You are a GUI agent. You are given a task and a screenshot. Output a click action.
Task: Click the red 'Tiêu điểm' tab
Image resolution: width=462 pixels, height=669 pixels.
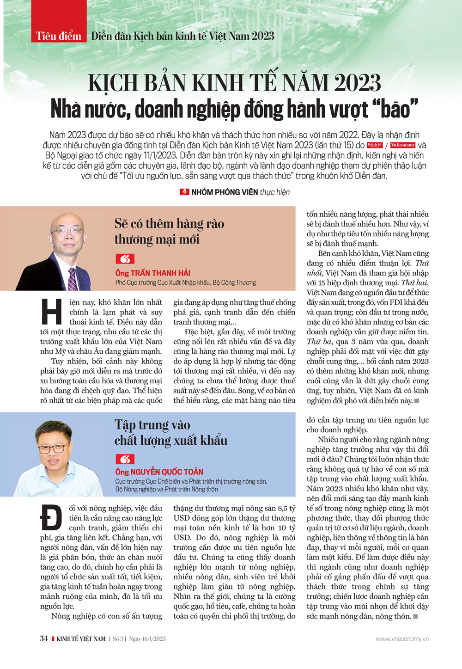point(59,35)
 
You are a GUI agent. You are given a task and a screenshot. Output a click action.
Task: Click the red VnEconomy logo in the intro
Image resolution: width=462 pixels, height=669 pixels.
point(402,145)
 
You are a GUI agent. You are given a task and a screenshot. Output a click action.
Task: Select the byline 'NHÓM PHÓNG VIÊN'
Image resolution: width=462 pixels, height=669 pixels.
point(225,192)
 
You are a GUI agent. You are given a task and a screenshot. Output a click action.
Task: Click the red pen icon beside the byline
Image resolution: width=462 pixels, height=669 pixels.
point(184,192)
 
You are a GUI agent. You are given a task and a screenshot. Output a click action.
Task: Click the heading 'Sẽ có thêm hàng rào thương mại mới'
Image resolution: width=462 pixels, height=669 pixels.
point(169,231)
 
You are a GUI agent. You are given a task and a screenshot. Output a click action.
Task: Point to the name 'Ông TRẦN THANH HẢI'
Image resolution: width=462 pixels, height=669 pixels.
point(153,273)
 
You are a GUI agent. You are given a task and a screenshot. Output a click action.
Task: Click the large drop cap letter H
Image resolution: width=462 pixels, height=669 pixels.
point(52,311)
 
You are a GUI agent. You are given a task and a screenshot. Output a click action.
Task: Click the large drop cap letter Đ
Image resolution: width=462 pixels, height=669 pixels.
point(51,517)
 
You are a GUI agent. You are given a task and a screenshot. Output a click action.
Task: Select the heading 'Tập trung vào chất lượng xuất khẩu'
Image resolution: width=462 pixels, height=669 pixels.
point(170,432)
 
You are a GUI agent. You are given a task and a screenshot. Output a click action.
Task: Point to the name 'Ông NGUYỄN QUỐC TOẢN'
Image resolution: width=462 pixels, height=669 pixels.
point(159,472)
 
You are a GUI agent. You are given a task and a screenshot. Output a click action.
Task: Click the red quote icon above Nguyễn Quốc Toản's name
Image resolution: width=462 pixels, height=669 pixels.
point(125,459)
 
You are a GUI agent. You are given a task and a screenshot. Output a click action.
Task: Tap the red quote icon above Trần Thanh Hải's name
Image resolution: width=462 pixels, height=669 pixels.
point(125,259)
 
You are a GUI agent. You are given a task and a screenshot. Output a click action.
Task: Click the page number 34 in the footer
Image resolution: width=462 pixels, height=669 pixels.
point(44,638)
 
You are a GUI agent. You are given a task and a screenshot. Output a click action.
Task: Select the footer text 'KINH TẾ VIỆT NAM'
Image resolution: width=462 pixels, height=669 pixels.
point(81,639)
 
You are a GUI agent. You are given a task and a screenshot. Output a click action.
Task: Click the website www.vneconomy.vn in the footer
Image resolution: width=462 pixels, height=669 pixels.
point(402,639)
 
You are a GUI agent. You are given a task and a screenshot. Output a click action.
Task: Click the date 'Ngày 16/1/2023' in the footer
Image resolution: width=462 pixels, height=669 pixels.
point(147,639)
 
